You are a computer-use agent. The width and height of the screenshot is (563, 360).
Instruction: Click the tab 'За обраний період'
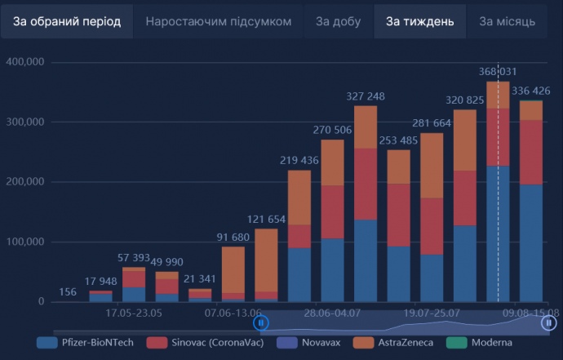pos(67,21)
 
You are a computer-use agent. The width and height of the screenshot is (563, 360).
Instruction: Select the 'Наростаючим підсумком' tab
pos(218,21)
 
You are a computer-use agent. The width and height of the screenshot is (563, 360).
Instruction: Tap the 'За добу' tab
pos(339,21)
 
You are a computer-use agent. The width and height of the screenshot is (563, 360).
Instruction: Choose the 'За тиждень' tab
pos(419,21)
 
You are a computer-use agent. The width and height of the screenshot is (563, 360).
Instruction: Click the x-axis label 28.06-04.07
pos(332,313)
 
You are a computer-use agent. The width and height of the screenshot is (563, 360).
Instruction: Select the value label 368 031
pos(498,72)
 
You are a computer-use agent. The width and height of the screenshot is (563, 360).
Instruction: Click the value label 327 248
pos(366,96)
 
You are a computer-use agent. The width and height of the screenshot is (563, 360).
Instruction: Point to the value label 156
pos(69,293)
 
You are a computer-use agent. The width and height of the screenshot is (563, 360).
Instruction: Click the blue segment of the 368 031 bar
pos(498,233)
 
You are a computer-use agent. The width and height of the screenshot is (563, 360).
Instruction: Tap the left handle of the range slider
pos(261,323)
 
